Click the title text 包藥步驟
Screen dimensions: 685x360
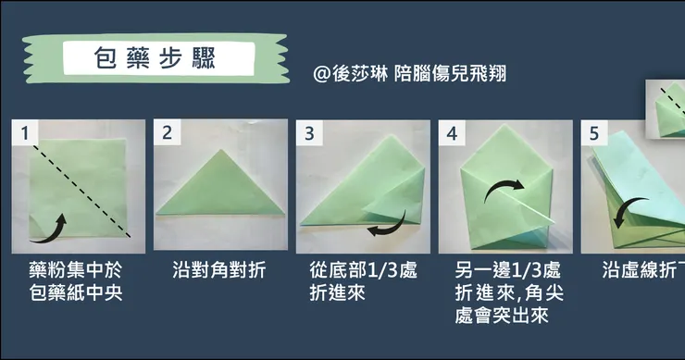point(156,58)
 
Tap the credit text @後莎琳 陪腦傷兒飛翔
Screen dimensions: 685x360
point(410,73)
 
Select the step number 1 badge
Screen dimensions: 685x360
point(25,132)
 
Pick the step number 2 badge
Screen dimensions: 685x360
point(167,132)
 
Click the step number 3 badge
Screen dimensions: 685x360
point(309,133)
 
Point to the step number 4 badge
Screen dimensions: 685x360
point(452,133)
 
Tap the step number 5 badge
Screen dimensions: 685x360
point(594,133)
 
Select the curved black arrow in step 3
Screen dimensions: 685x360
point(391,228)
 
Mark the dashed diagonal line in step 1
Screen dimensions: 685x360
point(81,192)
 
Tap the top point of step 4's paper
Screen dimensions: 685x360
point(505,125)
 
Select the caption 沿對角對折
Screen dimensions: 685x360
point(219,269)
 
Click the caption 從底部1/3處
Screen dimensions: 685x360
point(364,269)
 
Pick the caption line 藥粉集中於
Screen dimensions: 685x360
point(76,269)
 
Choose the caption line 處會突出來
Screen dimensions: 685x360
point(502,315)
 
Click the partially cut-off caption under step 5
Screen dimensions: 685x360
point(643,269)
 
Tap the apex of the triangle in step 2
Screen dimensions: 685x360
point(221,150)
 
